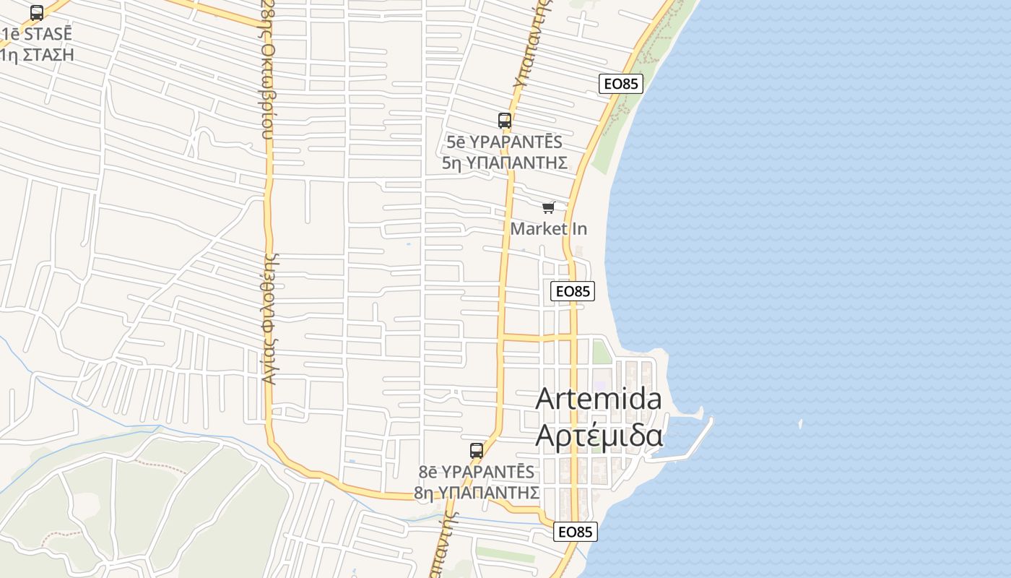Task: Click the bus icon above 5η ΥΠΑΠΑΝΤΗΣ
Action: [x=504, y=121]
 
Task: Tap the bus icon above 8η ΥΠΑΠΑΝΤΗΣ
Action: [x=476, y=451]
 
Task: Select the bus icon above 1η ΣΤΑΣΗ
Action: [x=37, y=13]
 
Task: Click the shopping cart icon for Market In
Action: [x=549, y=208]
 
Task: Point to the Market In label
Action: [x=549, y=229]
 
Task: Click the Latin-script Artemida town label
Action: [x=599, y=399]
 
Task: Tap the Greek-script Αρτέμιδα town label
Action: [x=599, y=436]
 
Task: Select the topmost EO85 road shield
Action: [x=621, y=84]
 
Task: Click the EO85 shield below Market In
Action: [x=573, y=291]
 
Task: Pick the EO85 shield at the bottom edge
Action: [x=576, y=532]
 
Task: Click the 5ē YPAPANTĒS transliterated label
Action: [x=504, y=142]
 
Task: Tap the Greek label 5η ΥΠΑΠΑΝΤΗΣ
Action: [x=504, y=163]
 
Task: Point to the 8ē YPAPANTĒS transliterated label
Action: [x=477, y=472]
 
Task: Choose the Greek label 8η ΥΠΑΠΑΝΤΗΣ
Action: [x=477, y=493]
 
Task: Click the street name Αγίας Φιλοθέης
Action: [x=270, y=318]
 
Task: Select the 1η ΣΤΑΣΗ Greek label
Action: [x=38, y=54]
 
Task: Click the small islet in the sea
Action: [x=800, y=423]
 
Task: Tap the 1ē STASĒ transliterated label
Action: [x=38, y=34]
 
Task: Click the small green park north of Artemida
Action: [x=602, y=352]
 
